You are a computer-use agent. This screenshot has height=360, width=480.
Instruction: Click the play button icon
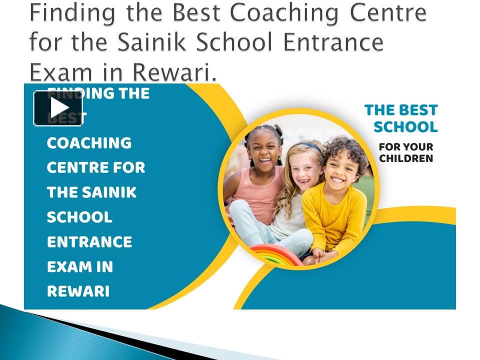coord(58,108)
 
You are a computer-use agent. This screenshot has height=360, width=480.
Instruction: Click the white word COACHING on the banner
coord(89,143)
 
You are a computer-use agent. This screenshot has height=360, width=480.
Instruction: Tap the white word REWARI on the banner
coord(78,291)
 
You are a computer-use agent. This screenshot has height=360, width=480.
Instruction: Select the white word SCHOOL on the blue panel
coord(79,217)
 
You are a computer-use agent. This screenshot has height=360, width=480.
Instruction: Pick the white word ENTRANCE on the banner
coord(89,242)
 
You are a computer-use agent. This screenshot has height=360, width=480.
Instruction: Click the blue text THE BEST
coord(401,110)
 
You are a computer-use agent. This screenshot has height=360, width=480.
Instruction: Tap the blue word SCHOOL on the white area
coord(405,127)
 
